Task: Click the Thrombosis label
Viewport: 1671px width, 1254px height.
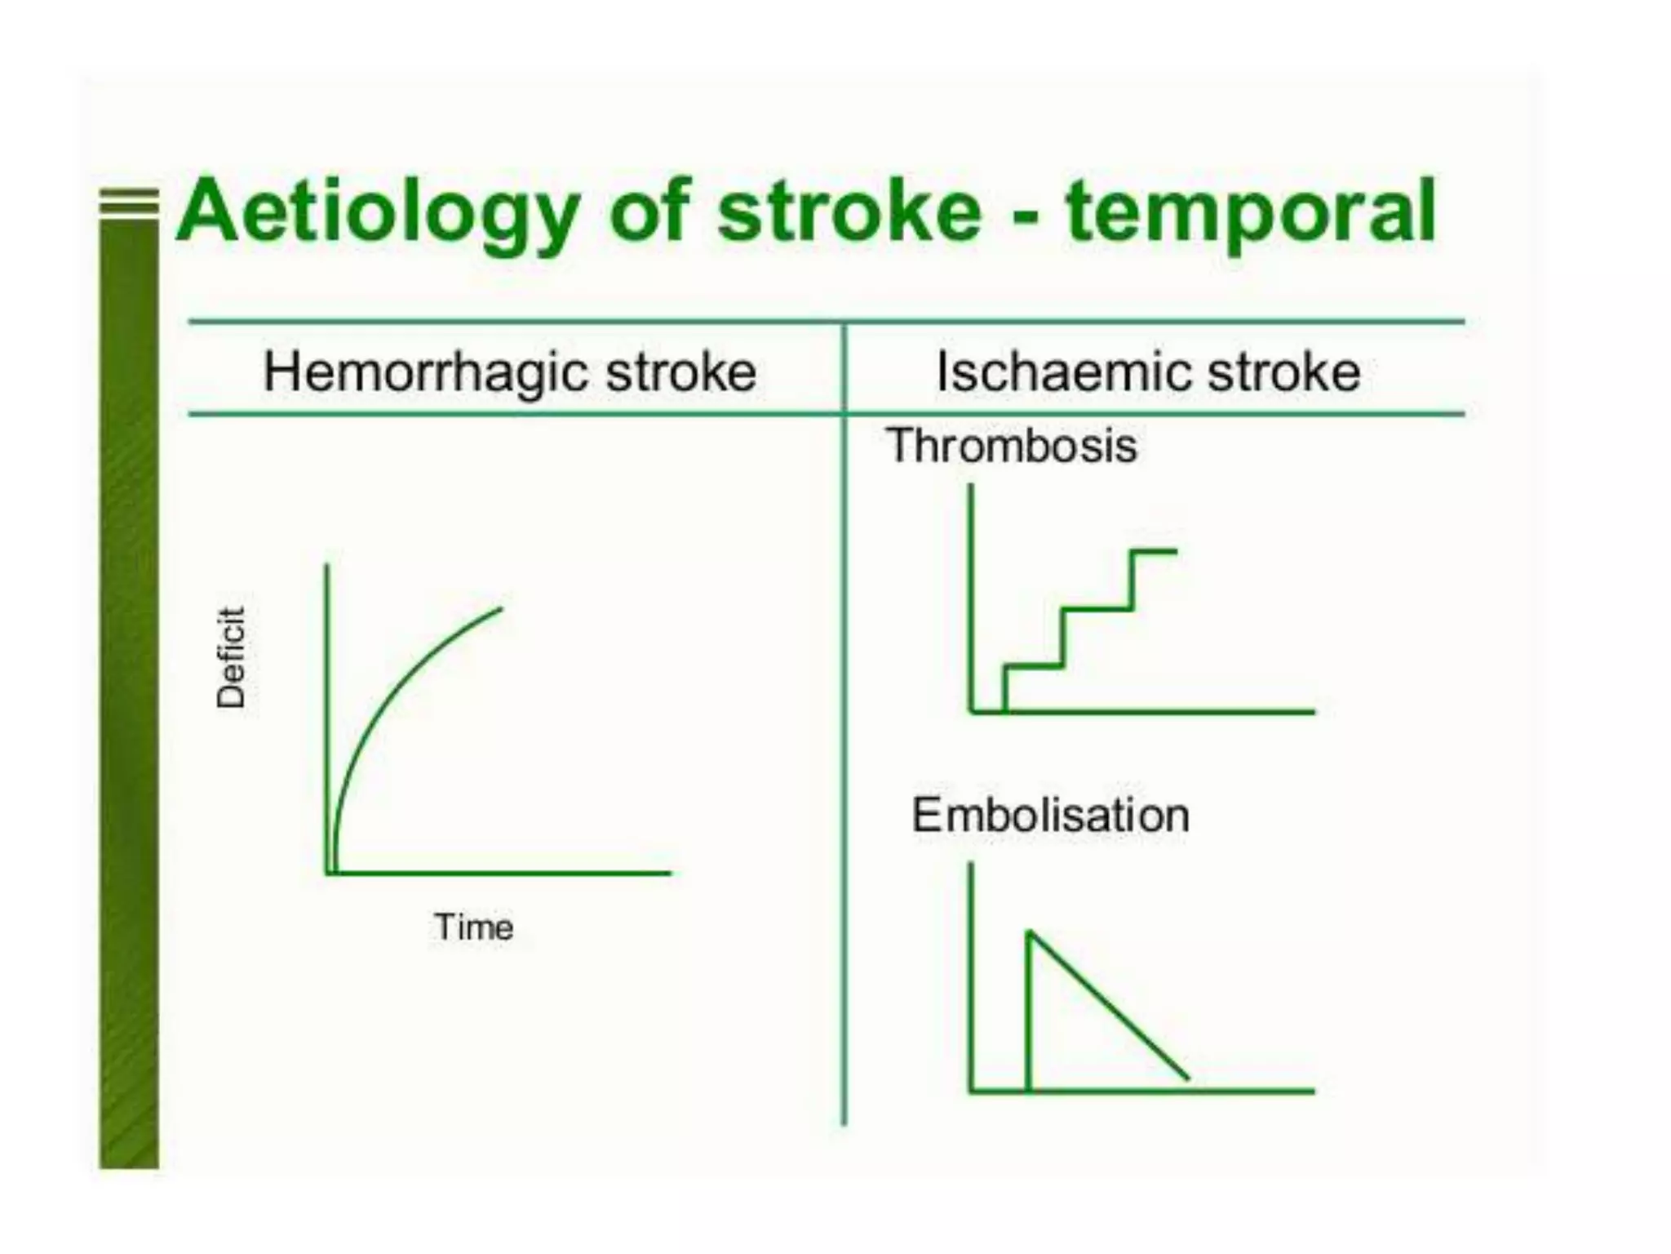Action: point(1012,446)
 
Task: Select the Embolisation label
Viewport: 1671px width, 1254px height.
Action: point(1050,815)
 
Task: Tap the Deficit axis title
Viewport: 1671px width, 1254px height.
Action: point(231,657)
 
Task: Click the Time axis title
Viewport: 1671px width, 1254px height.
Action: point(474,927)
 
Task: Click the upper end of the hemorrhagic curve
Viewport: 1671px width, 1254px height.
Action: point(500,608)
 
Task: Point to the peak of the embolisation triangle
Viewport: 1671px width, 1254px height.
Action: point(1030,932)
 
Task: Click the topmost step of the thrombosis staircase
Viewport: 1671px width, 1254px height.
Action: point(1154,552)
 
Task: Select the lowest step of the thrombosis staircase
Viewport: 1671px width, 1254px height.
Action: point(1034,667)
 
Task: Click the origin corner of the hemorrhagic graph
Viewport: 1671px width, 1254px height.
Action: point(328,873)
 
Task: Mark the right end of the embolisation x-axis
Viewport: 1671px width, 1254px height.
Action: point(1312,1091)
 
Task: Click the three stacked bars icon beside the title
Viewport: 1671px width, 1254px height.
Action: point(129,202)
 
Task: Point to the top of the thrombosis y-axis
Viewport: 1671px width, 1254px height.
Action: point(971,487)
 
